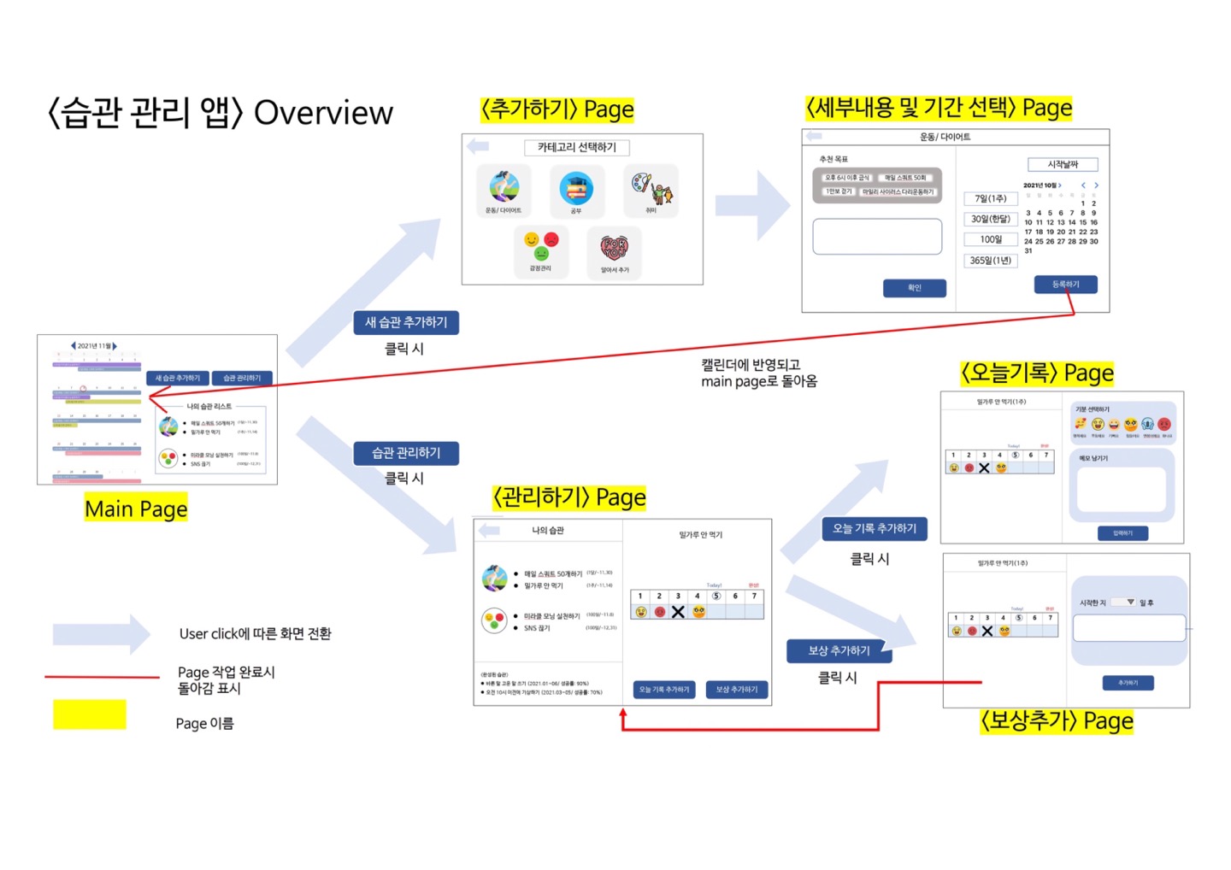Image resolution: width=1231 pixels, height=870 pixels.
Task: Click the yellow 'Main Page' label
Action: pos(136,509)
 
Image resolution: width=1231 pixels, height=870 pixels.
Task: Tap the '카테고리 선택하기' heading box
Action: pos(577,148)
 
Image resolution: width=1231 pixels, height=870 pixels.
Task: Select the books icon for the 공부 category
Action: pos(576,188)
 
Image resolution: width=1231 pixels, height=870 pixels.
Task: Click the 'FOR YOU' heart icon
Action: pos(614,249)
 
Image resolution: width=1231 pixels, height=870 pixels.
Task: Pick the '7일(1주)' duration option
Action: pos(991,198)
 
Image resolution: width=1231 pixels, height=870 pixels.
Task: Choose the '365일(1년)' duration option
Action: pos(991,261)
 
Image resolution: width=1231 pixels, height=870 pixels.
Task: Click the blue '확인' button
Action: pos(914,288)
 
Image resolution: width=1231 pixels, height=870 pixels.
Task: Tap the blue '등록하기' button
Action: pos(1065,285)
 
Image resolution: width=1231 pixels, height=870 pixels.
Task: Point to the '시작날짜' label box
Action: pos(1063,164)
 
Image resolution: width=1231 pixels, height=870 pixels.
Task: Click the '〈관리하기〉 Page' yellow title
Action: pos(569,497)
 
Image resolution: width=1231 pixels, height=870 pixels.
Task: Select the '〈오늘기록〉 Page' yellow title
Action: pos(1037,373)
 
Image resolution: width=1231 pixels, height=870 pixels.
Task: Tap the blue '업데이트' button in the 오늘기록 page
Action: pos(1122,533)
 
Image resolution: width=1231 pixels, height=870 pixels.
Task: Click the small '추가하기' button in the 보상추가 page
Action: pos(1128,683)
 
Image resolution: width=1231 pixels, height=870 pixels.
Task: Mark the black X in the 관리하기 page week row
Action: pos(678,612)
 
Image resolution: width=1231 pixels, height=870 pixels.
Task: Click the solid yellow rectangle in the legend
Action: pos(90,714)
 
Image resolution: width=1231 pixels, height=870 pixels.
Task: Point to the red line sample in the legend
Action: pos(102,677)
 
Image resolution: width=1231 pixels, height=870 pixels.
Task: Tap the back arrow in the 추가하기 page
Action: pos(478,146)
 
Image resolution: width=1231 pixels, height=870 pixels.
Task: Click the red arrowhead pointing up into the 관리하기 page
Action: pos(623,713)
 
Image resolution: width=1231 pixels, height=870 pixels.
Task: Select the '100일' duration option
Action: pos(991,239)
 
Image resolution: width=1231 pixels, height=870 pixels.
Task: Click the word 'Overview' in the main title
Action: pos(323,113)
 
